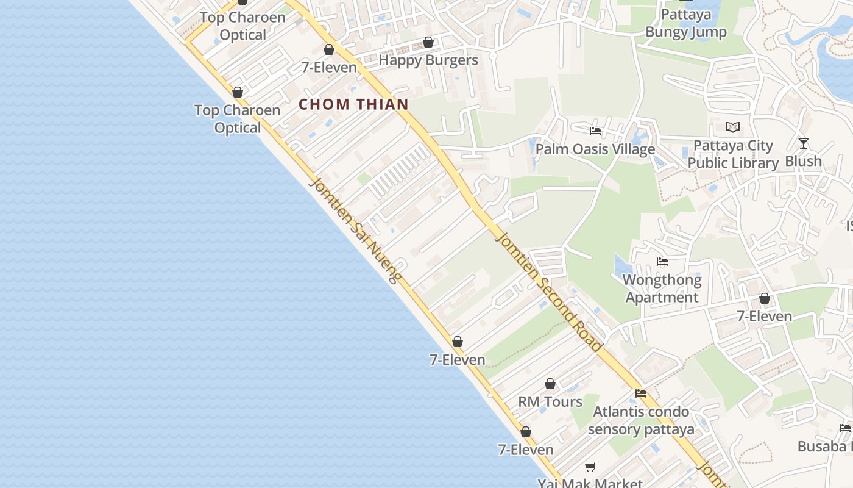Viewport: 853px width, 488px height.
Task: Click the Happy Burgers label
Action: [x=428, y=60]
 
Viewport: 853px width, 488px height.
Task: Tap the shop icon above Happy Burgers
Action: [x=428, y=42]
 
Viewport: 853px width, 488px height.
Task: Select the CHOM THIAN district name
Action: [x=353, y=104]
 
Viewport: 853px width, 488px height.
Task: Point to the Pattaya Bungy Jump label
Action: [x=686, y=23]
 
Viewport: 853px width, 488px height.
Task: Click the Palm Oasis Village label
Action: [x=595, y=149]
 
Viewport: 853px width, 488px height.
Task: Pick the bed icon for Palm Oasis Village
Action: [x=595, y=131]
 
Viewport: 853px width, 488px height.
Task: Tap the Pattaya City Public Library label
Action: [x=733, y=154]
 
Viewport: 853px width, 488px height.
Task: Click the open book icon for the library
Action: [x=733, y=127]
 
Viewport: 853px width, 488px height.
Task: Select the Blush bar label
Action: [x=804, y=161]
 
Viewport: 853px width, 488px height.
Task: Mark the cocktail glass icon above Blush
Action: [x=804, y=143]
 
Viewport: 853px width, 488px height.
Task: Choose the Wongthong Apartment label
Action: [x=662, y=289]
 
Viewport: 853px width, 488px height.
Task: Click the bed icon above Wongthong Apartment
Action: [x=662, y=262]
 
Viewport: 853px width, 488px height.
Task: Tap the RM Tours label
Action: [x=550, y=401]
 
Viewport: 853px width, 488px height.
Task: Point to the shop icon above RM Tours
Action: [x=550, y=384]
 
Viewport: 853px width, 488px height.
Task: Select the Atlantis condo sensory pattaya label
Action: [x=641, y=420]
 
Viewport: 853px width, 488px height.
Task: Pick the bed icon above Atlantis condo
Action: [x=641, y=393]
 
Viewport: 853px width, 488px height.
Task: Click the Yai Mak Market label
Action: [x=590, y=483]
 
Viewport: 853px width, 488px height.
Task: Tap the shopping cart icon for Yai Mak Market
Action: [x=590, y=467]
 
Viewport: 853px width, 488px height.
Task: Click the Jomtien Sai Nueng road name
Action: [x=356, y=231]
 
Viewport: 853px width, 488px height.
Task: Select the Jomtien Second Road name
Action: [x=549, y=292]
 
